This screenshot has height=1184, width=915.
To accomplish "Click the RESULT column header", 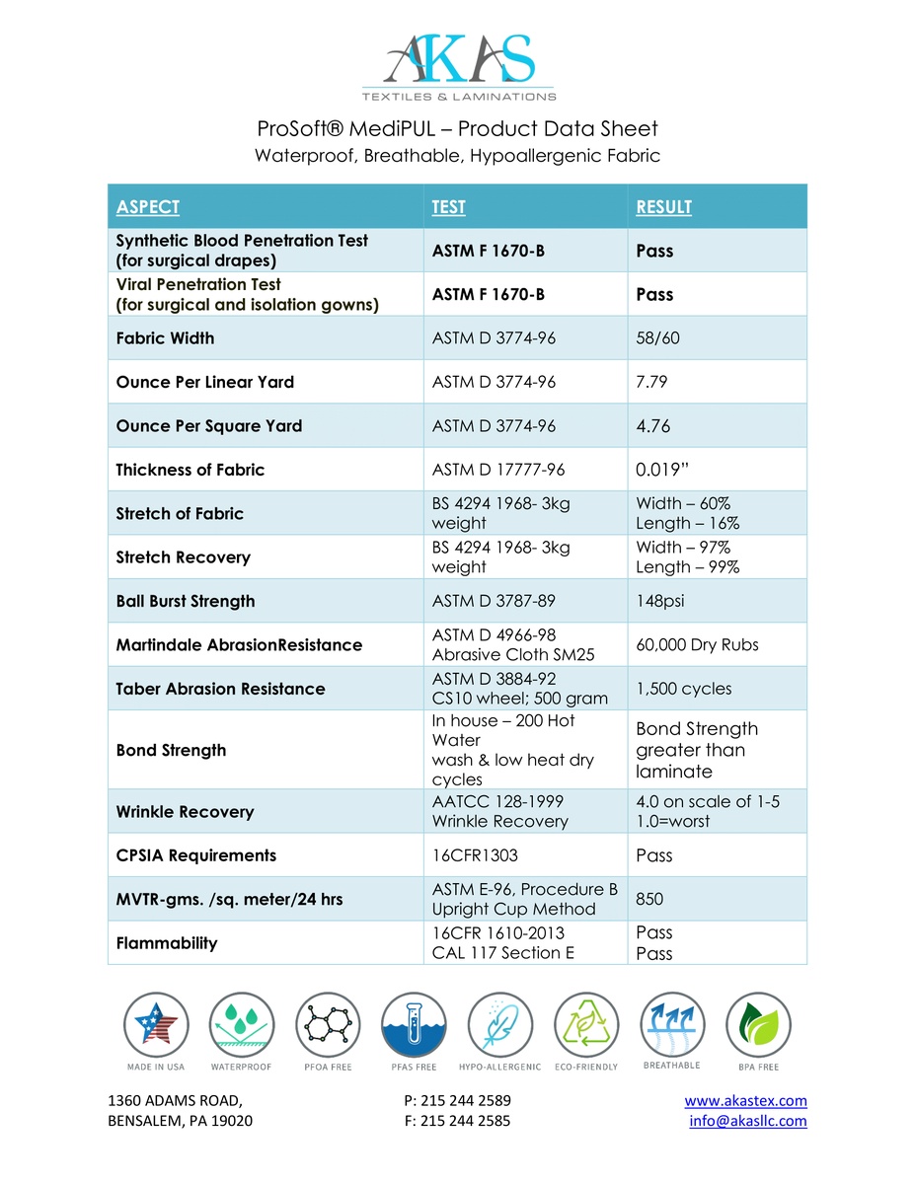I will coord(663,207).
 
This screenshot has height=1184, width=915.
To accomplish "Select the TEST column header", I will coord(448,207).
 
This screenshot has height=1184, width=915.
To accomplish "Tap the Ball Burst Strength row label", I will coord(186,601).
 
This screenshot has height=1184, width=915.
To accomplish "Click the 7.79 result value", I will coord(652,382).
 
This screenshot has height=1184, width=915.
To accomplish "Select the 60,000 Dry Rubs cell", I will coord(697,645).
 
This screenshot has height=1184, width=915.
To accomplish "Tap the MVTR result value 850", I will coord(648,899).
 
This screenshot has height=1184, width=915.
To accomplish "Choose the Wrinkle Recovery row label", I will coord(185,812).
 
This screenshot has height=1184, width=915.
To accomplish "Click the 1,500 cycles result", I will coord(684,689).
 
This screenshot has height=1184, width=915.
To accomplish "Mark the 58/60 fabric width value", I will coord(657,338).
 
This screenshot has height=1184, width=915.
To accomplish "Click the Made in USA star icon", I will coord(155,1025).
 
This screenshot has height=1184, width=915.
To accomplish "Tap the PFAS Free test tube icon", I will coord(413,1025).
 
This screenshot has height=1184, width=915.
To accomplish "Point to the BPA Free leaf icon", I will coord(757,1025).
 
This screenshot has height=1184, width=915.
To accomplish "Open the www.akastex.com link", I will coord(745,1101).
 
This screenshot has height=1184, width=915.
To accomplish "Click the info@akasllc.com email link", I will coord(748,1121).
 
